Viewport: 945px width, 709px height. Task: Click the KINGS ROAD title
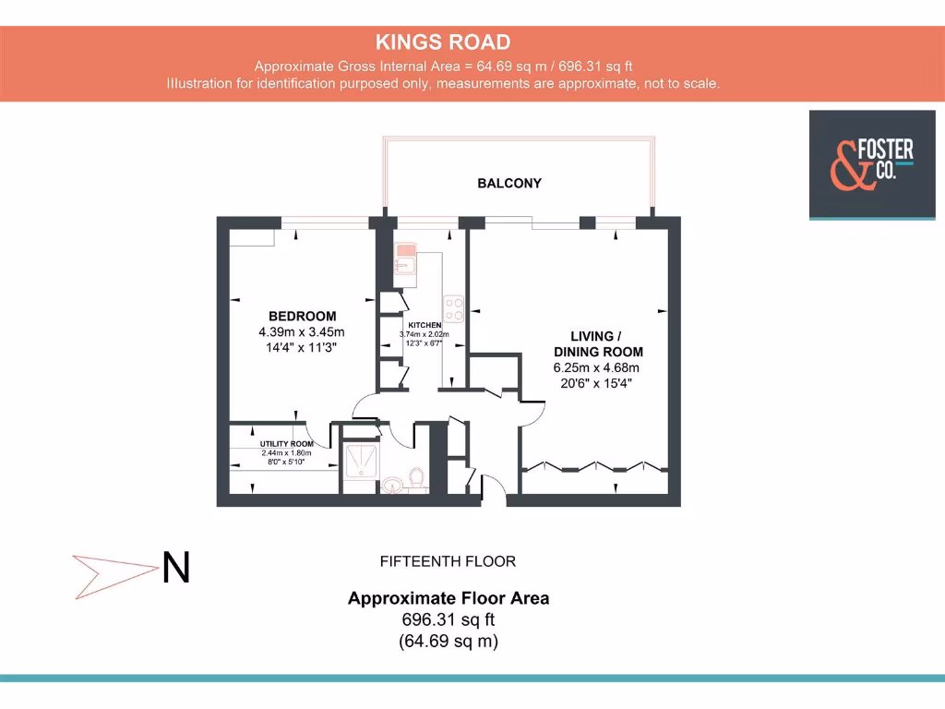(442, 42)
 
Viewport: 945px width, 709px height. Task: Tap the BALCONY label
(509, 183)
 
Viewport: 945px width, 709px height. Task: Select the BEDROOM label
(302, 316)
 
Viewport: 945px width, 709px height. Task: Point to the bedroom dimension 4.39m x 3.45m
(302, 332)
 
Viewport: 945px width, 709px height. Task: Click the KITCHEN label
(425, 326)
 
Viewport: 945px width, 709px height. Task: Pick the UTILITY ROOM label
(286, 444)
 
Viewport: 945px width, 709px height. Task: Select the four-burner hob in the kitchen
(453, 306)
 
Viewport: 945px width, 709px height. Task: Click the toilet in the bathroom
(416, 479)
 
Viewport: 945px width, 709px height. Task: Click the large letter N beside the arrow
(176, 568)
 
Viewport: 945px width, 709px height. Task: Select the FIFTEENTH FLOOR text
(448, 561)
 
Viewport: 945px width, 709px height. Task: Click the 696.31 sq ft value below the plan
(448, 619)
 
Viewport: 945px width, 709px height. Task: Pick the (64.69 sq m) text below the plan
(448, 641)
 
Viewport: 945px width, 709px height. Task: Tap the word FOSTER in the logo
(885, 149)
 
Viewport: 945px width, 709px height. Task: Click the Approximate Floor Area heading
(448, 598)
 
